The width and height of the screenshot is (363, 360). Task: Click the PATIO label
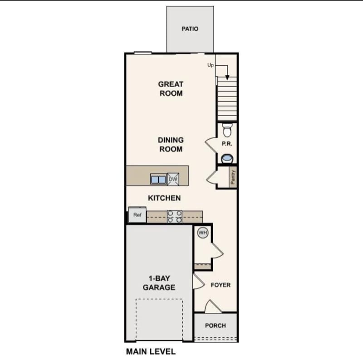click(190, 29)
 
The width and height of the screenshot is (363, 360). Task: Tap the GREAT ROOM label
click(171, 89)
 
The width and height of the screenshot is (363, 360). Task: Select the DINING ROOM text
click(171, 145)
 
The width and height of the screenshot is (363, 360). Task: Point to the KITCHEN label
click(165, 198)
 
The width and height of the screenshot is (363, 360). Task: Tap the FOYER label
click(221, 285)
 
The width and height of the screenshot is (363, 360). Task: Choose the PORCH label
click(216, 326)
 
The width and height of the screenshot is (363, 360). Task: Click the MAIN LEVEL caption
click(151, 351)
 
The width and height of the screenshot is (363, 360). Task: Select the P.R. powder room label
click(227, 144)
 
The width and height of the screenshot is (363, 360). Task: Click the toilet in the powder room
click(227, 130)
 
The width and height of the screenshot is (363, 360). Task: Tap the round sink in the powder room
click(227, 159)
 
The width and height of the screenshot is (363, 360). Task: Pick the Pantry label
click(233, 177)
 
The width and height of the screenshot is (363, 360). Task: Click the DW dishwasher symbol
click(173, 179)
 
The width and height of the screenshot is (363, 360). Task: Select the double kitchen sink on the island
click(158, 179)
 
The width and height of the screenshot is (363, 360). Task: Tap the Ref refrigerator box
click(137, 215)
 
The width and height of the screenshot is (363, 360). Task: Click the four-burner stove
click(175, 216)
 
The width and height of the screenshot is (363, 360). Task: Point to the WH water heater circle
click(202, 233)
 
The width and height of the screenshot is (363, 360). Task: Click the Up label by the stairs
click(211, 65)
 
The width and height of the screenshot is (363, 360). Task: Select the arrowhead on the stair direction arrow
click(227, 77)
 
